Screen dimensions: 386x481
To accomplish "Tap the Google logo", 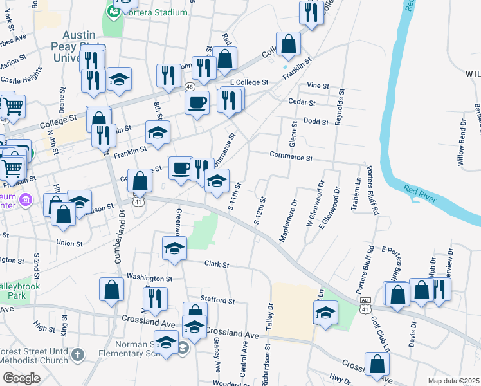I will click(21, 378).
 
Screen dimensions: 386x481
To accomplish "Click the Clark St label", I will click(217, 264).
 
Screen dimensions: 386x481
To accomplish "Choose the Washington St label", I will click(149, 279).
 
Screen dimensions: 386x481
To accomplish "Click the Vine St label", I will click(318, 86).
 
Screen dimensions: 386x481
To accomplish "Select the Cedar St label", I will click(302, 102).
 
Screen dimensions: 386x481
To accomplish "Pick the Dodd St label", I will click(316, 120).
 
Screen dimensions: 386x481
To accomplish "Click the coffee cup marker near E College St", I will click(197, 102).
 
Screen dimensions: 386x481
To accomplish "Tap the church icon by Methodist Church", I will click(78, 354).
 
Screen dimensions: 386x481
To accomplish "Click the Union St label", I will click(69, 244).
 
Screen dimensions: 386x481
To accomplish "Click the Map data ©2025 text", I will click(453, 381).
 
